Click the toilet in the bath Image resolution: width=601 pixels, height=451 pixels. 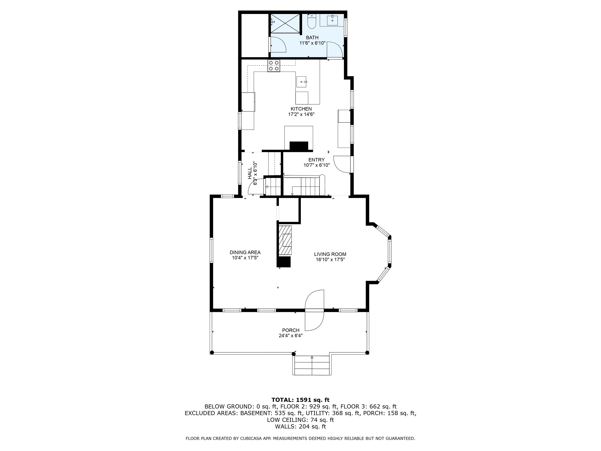coord(311,22)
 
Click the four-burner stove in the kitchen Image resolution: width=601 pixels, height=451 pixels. coord(274,66)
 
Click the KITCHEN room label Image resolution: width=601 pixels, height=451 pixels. coord(301,109)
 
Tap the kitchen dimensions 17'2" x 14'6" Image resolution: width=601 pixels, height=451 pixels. coord(301,115)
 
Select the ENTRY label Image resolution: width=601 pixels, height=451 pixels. coord(316,160)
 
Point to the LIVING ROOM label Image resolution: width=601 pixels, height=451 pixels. coord(330,254)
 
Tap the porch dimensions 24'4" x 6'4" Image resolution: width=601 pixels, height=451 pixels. coord(291,336)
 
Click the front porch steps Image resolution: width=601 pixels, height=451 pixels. coord(312,365)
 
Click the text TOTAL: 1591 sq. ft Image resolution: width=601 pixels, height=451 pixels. coord(300,400)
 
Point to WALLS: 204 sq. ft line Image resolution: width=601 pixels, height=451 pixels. coord(300,427)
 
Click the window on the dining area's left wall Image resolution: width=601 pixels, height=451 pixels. coord(211,250)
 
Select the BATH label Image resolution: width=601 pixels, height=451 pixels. coord(312,38)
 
